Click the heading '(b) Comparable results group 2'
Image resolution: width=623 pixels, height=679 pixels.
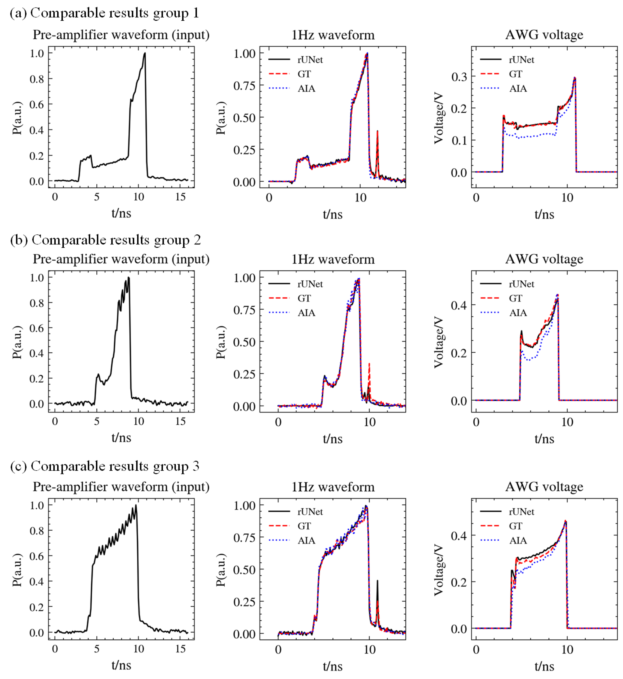pyautogui.click(x=105, y=240)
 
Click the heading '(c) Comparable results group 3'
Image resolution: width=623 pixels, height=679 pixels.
pyautogui.click(x=105, y=466)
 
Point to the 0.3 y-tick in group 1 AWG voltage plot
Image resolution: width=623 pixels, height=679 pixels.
pyautogui.click(x=459, y=77)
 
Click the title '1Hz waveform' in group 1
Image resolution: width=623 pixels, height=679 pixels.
pyautogui.click(x=333, y=35)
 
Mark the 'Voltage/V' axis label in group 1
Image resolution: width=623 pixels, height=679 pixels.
pyautogui.click(x=438, y=118)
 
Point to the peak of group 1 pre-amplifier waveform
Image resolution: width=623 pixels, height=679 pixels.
pyautogui.click(x=145, y=53)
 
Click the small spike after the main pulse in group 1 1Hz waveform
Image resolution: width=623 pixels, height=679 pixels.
pyautogui.click(x=377, y=132)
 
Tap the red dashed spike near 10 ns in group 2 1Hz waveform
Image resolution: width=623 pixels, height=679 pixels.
pyautogui.click(x=370, y=364)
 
